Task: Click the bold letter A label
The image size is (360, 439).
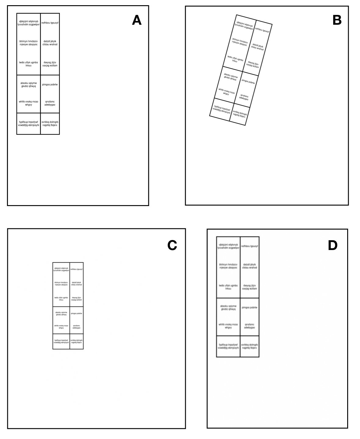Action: (137, 20)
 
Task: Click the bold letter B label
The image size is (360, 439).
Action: (337, 20)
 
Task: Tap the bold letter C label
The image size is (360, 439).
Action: (172, 245)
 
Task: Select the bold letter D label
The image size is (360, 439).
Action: (333, 245)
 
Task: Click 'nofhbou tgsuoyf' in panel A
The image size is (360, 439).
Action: (50, 23)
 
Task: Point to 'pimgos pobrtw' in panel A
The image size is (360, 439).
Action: (50, 85)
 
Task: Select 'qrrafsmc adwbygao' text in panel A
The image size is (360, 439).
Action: (50, 103)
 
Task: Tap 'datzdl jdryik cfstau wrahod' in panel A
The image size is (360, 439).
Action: (50, 43)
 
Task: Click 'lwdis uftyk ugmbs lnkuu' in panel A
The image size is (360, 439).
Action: (28, 64)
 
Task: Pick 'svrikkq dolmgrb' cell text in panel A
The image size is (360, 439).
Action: (50, 124)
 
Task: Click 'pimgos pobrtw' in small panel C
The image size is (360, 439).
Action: (76, 314)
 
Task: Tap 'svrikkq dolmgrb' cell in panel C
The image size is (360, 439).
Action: (76, 341)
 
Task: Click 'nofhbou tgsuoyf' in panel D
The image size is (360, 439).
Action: (250, 246)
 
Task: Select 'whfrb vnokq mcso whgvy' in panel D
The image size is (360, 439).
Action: (228, 326)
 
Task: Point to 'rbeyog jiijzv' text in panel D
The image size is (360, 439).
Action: (250, 287)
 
